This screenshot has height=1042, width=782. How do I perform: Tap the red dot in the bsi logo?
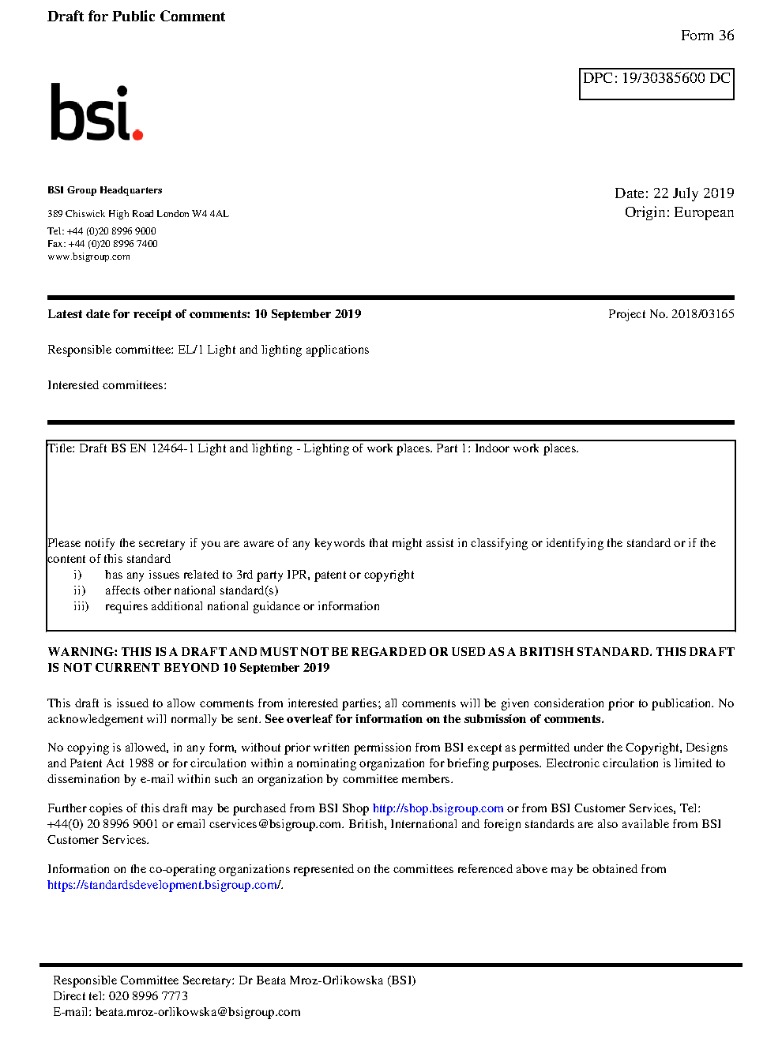137,134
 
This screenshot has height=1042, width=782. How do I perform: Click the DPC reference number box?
656,84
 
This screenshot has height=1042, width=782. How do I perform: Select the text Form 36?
707,36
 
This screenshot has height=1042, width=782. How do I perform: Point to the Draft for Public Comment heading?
136,17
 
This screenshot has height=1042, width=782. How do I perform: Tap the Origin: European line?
679,212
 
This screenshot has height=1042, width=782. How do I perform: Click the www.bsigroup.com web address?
88,257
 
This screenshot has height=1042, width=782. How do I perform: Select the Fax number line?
103,244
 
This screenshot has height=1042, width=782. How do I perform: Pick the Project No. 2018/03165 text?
671,314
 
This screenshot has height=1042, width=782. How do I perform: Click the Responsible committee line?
208,350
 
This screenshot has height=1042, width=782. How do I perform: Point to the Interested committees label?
107,385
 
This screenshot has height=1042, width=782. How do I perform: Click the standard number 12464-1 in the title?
172,448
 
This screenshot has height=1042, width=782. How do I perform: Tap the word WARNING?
82,652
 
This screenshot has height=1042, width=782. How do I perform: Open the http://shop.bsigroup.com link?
438,808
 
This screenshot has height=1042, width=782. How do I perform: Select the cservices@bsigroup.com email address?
276,824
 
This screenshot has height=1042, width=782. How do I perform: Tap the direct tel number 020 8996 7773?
148,996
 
